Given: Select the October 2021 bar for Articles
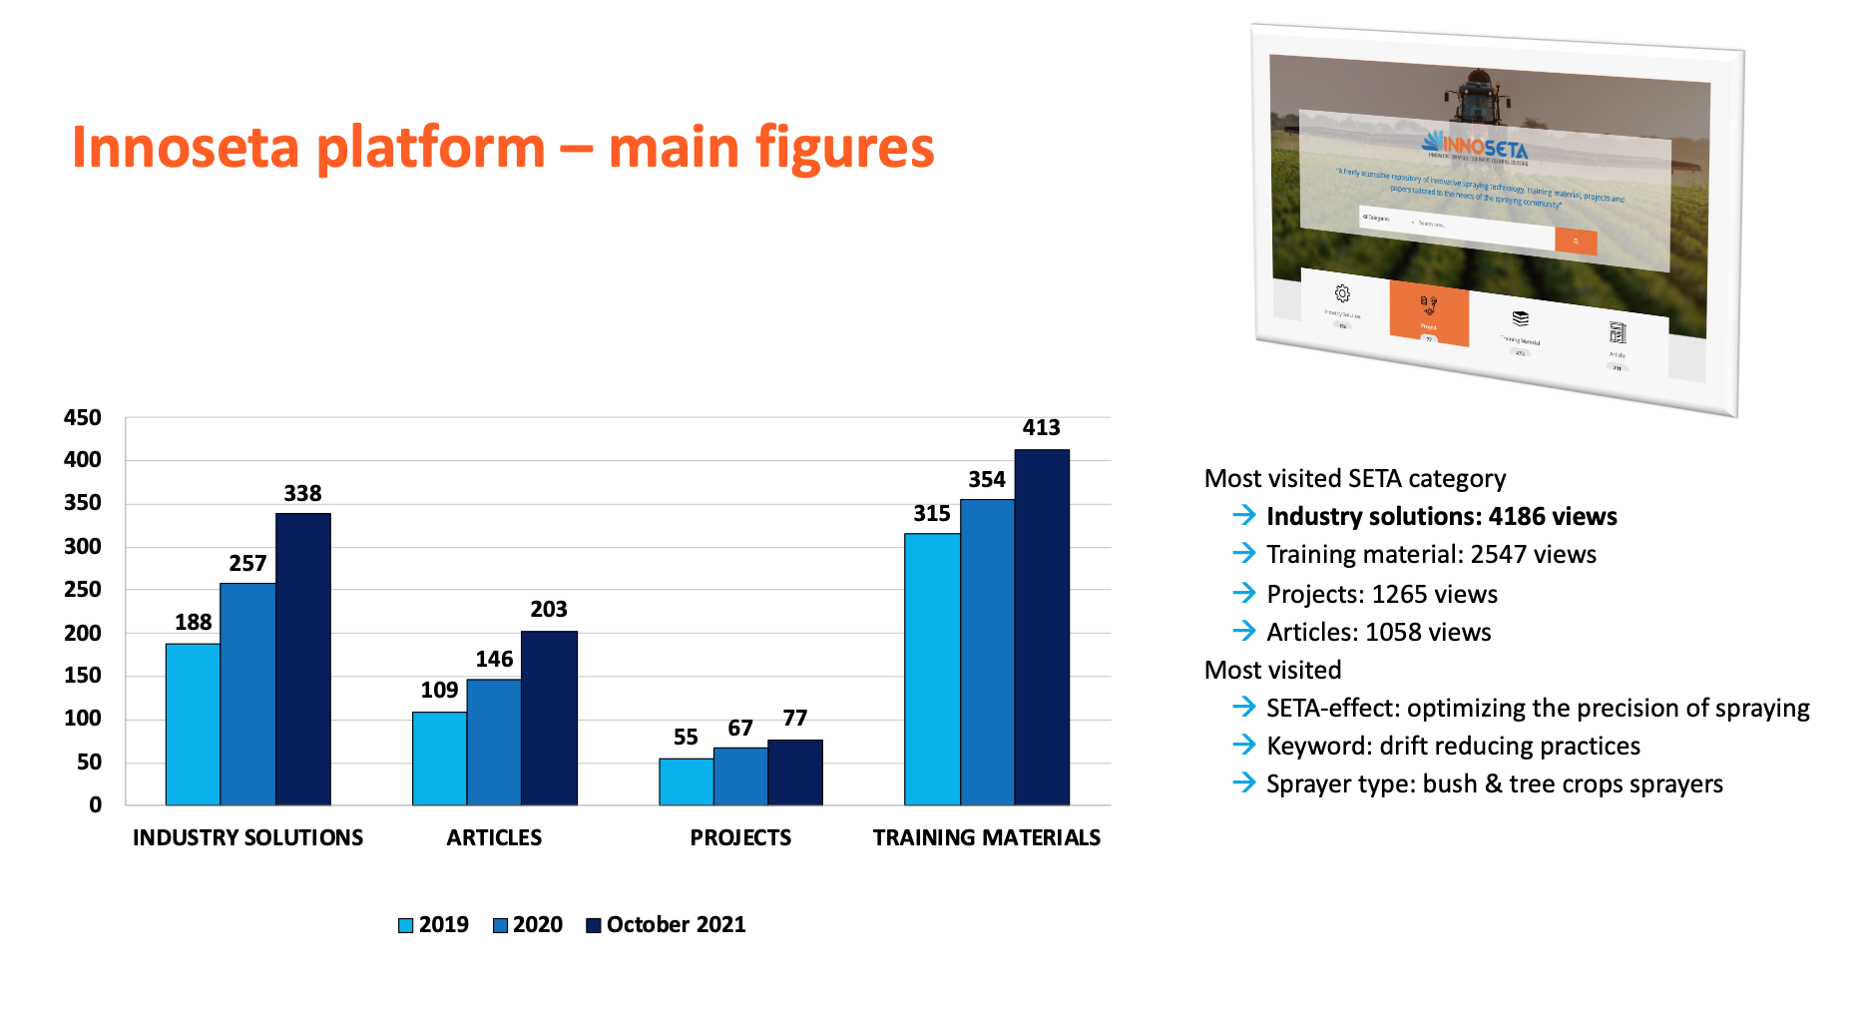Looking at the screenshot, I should click(x=549, y=718).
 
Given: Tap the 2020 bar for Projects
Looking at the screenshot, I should click(x=740, y=775).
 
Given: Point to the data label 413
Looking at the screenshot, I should click(x=1041, y=428).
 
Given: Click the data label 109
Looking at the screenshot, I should click(x=439, y=690).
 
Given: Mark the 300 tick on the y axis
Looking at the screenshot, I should click(x=83, y=546).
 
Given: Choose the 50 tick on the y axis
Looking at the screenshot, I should click(x=90, y=762).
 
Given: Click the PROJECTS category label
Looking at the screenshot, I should click(x=740, y=837).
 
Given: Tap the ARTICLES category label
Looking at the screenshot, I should click(x=494, y=837).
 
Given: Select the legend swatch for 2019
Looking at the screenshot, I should click(x=406, y=925).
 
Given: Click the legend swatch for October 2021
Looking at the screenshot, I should click(x=594, y=925).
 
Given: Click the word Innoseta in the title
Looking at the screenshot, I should click(x=186, y=148).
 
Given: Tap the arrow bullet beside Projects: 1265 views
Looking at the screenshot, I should click(x=1244, y=593).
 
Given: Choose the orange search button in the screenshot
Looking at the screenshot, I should click(x=1576, y=242).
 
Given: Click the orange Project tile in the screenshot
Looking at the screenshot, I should click(x=1429, y=312).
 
